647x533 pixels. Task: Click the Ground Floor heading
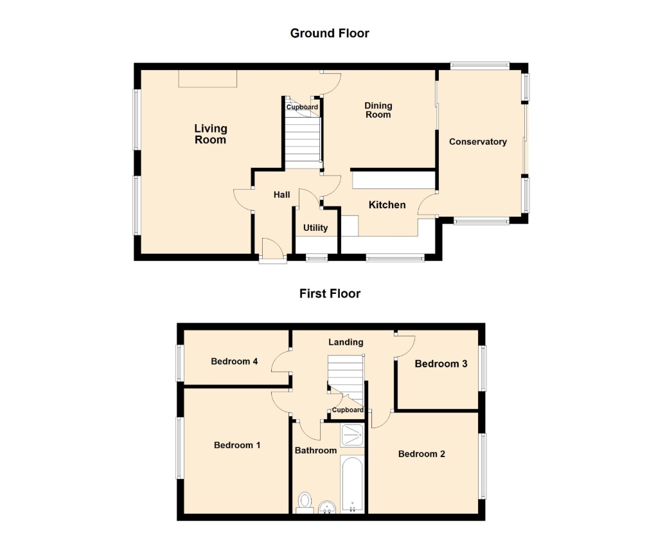(330, 33)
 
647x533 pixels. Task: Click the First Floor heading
(330, 294)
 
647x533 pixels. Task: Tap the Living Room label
(211, 134)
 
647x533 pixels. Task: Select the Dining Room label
(378, 110)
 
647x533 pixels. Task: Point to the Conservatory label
(478, 141)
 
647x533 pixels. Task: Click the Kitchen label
(387, 205)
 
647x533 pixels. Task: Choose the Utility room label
(315, 228)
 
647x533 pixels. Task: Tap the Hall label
(282, 194)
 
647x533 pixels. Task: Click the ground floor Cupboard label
(303, 107)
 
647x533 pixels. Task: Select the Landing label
(346, 342)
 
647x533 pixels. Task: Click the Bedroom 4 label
(235, 361)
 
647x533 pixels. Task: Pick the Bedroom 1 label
(237, 445)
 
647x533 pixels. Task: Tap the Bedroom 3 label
(441, 364)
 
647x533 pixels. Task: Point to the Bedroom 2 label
(421, 454)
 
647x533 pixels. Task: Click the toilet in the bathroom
(305, 502)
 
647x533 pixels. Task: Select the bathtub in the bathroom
(352, 484)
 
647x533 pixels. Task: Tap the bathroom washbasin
(327, 507)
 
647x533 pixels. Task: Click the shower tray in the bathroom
(352, 435)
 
